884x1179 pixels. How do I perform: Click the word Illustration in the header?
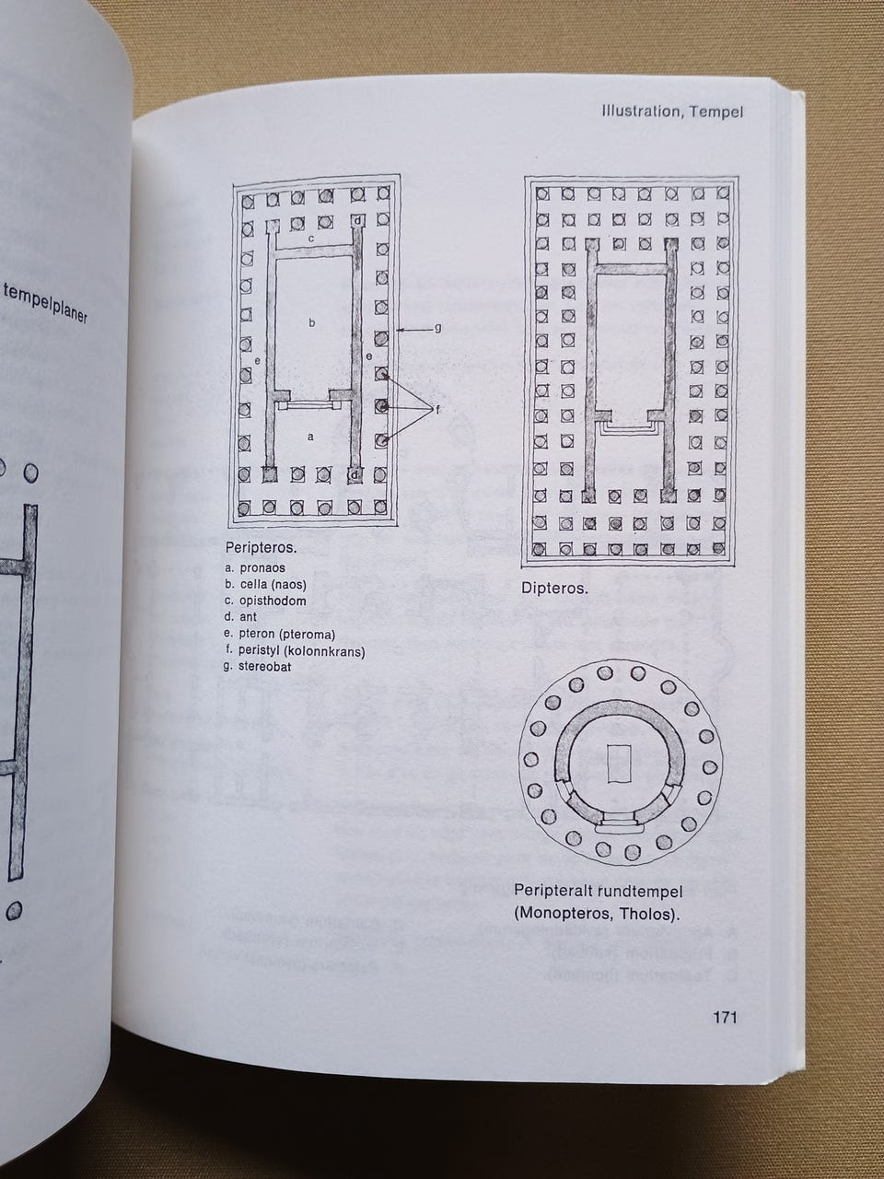pos(635,111)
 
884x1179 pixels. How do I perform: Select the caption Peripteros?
pos(262,548)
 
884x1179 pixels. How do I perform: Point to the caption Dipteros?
pos(554,589)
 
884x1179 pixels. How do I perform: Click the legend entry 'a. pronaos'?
pos(255,567)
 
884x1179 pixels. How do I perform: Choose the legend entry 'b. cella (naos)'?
pos(265,584)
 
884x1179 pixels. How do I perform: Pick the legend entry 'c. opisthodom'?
pos(265,601)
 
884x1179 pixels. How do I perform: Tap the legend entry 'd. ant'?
pos(241,617)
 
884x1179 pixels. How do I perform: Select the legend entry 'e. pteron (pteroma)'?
pos(280,635)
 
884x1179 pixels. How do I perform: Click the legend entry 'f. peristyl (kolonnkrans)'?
pos(295,651)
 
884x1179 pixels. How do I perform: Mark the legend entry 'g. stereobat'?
pos(258,667)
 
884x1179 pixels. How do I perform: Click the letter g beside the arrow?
pos(438,328)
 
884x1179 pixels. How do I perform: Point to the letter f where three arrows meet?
pos(437,410)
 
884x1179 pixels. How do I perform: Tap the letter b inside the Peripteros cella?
pos(311,322)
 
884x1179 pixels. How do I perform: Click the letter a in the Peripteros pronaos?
pos(310,438)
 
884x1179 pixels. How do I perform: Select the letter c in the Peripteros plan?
pos(310,238)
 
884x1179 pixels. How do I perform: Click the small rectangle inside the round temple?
pos(620,764)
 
